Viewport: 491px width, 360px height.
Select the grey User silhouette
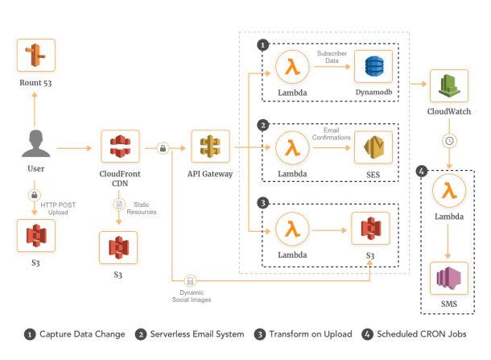click(35, 146)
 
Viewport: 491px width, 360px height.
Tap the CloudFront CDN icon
click(120, 147)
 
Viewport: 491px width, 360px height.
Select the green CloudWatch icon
click(449, 85)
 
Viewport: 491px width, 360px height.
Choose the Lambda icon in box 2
click(291, 148)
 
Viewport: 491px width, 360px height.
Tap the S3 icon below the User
click(35, 238)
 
